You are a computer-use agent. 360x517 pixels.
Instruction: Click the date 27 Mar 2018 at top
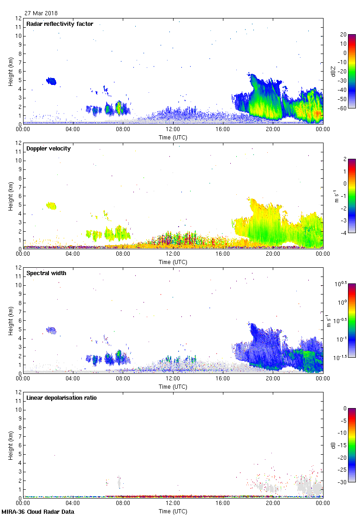click(41, 13)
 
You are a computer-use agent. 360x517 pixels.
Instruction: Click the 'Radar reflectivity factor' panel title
click(60, 24)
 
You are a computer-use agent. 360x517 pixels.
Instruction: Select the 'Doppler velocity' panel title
click(48, 148)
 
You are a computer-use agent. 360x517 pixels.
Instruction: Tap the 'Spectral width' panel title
click(46, 273)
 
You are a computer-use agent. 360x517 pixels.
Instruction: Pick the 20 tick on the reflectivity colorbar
click(343, 35)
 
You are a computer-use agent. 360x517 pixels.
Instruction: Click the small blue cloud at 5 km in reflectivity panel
click(51, 81)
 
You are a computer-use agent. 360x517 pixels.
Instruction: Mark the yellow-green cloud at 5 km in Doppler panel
click(50, 205)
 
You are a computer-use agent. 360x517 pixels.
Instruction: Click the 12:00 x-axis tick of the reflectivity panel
click(173, 130)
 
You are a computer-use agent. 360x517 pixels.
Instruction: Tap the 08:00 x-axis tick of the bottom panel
click(123, 504)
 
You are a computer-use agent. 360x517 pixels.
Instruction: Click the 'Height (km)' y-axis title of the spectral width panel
click(11, 320)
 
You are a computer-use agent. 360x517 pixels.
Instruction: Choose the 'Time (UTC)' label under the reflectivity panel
click(173, 137)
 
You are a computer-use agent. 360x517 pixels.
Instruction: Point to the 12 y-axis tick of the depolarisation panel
click(19, 392)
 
